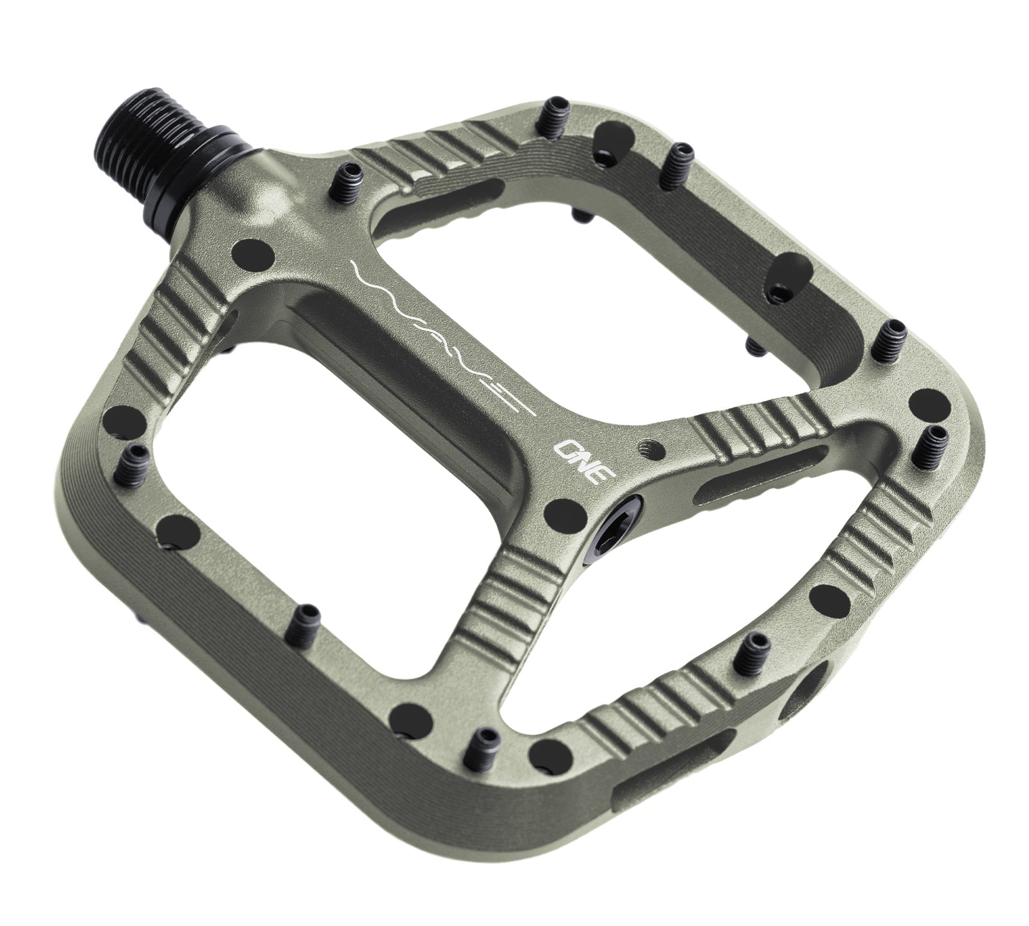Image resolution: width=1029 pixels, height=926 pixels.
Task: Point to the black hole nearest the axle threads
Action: click(x=250, y=250)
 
